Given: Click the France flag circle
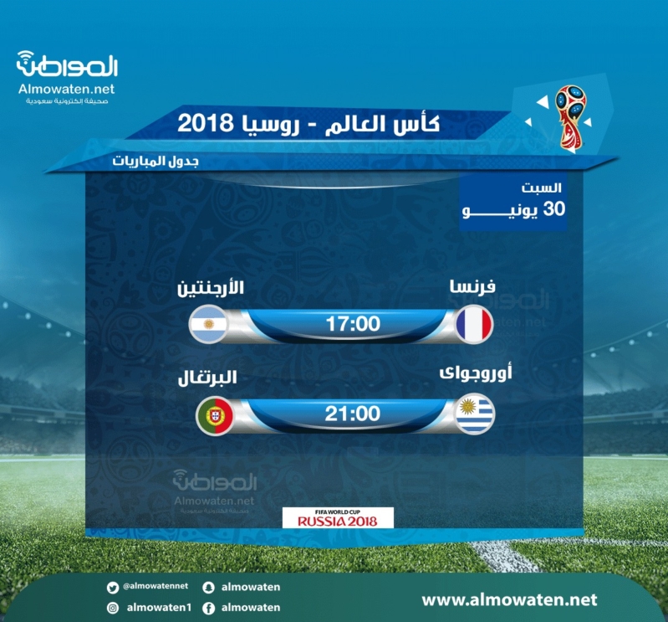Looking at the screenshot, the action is (474, 324).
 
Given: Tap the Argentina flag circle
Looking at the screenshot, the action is (208, 324).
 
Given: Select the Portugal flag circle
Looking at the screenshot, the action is (215, 416).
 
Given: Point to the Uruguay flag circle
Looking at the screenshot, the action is (475, 414).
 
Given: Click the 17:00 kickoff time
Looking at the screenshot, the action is (353, 324).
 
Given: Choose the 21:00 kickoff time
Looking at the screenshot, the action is (353, 414).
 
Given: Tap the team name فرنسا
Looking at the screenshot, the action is (472, 286).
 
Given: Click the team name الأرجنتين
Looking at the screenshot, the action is (211, 287).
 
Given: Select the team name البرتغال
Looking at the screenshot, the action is (207, 378).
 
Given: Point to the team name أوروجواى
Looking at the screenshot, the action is (476, 373).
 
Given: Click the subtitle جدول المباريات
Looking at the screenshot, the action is (156, 162).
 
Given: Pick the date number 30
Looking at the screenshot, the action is (554, 209).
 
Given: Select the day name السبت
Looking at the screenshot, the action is (542, 188).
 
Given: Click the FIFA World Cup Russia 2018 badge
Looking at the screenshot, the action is (338, 518).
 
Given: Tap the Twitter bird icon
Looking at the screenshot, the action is (113, 589).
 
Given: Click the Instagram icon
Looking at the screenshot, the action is (113, 608).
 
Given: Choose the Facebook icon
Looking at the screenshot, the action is (208, 608).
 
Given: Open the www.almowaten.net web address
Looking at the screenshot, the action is (509, 600).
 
